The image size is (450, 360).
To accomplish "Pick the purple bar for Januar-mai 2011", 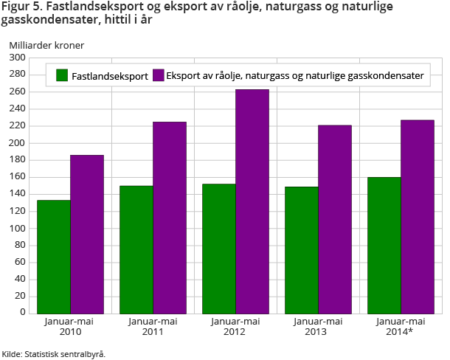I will coord(170,217).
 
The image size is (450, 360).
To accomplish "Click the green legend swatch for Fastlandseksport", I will coord(63,75).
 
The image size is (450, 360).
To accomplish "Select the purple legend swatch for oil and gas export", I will coord(159,75).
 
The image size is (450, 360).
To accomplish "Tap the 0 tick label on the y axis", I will coord(22,313).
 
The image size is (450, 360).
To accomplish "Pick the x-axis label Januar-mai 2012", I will coord(235,326).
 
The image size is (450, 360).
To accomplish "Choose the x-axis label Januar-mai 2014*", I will coord(401,326).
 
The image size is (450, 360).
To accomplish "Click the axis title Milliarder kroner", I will coord(46,45).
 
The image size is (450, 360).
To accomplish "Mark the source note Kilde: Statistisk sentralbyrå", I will coord(53,353).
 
